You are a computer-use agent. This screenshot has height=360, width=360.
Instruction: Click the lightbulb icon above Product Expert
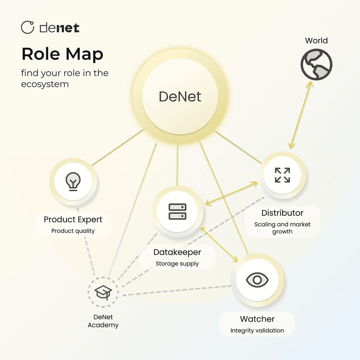[x=73, y=181]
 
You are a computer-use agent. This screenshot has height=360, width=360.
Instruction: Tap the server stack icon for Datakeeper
[x=177, y=211]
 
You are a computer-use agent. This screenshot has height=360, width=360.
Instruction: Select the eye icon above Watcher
[x=257, y=280]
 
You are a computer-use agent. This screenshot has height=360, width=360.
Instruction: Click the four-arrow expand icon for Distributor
[x=282, y=175]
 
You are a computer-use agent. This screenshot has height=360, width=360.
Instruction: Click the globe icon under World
[x=316, y=64]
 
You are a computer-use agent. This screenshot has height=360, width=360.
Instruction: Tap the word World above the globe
[x=316, y=40]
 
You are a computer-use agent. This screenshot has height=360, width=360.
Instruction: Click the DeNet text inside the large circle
[x=180, y=97]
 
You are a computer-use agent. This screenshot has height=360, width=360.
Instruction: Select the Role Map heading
[x=62, y=54]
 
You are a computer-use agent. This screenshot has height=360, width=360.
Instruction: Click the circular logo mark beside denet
[x=28, y=27]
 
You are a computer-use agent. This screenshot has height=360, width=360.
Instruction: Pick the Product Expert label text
[x=73, y=220]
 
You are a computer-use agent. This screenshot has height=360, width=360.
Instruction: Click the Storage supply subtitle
[x=177, y=264]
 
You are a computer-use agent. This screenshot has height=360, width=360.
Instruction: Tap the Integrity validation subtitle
[x=257, y=331]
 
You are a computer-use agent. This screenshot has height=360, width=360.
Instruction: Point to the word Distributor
[x=282, y=213]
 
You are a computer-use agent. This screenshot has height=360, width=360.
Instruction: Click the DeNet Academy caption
[x=103, y=321]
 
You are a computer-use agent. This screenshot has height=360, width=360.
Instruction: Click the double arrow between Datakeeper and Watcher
[x=219, y=244]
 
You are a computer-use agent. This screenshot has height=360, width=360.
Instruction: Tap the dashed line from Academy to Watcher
[x=176, y=290]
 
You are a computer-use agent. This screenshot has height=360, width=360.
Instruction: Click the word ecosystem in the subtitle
[x=45, y=84]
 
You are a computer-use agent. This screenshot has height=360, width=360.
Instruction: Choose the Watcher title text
[x=257, y=319]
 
